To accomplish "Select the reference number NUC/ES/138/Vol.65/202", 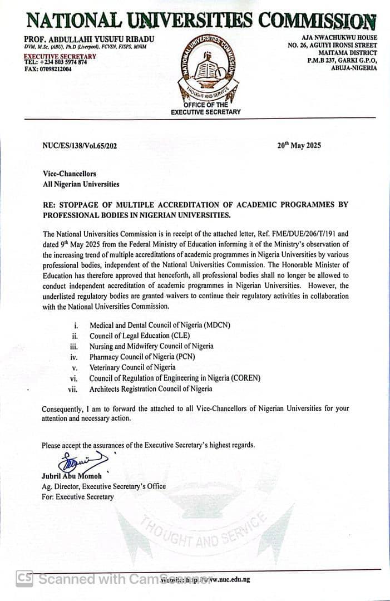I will [80, 146].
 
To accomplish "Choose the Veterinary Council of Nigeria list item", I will [132, 368].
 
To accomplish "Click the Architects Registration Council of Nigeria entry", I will [151, 389].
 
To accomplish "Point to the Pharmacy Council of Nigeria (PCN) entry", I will [142, 357].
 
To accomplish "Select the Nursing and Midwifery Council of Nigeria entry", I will [151, 346].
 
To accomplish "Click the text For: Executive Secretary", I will [77, 496].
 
